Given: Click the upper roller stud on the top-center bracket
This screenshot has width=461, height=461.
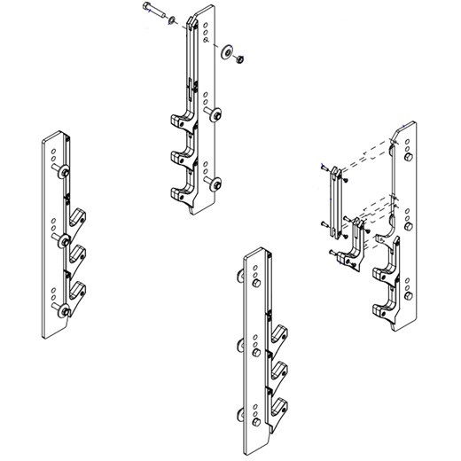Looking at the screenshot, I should (x=215, y=113).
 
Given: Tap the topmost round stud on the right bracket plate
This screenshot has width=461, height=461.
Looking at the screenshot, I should (x=407, y=158).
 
